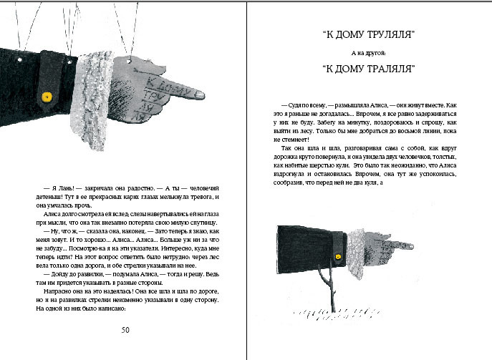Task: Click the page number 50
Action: coord(125,329)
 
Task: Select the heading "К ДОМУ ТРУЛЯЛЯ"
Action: coord(370,35)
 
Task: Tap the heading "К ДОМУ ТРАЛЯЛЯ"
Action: coord(370,69)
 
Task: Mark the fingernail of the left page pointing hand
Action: coord(198,94)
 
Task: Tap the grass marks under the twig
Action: coord(337,313)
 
